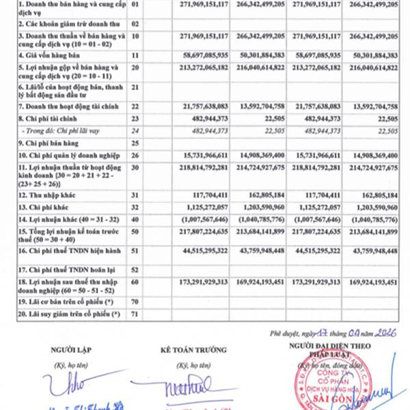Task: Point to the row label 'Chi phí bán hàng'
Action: pos(45,143)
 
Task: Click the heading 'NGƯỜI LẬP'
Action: pos(68,351)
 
